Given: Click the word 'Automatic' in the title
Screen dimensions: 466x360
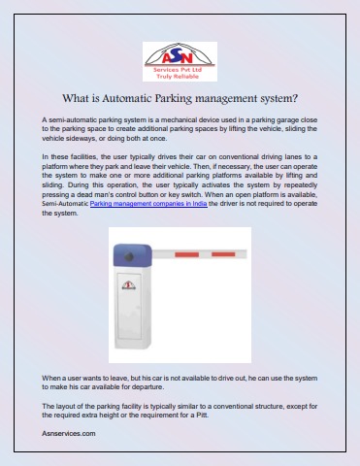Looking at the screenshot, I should tap(143, 98).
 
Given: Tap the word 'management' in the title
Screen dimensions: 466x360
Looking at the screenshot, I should tap(232, 98).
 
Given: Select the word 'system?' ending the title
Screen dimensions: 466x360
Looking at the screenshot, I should tap(281, 98).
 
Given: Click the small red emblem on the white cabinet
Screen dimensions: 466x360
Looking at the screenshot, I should tap(129, 286).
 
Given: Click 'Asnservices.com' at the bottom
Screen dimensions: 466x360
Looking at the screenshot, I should tap(69, 432).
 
